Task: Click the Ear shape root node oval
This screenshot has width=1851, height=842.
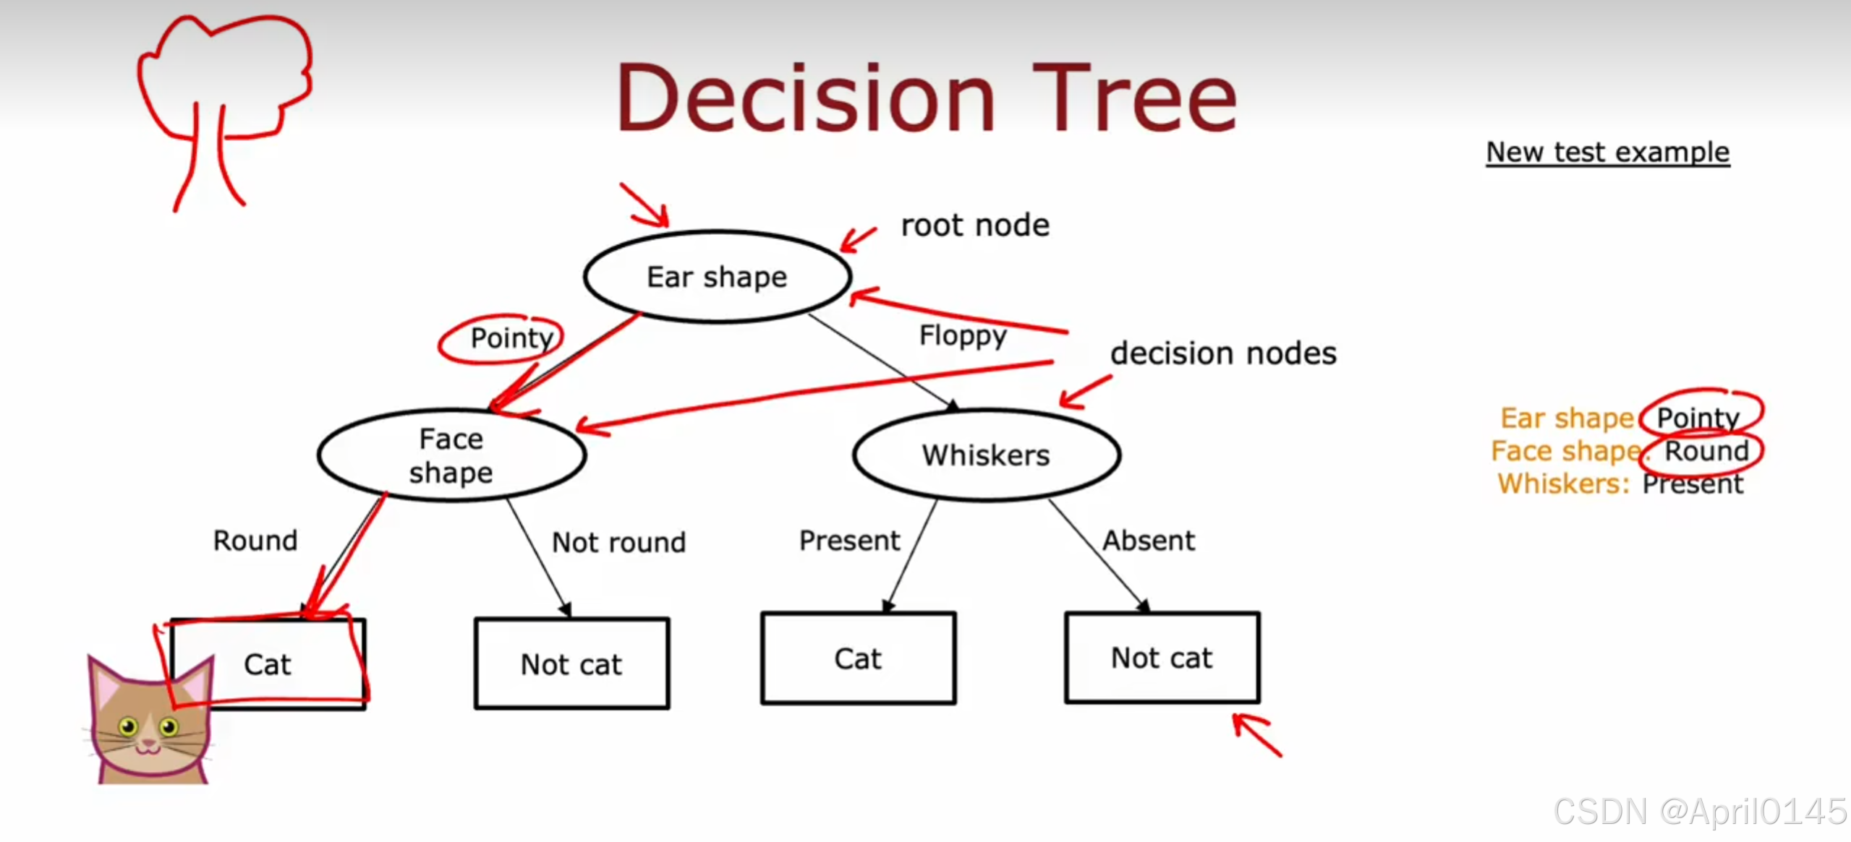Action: pos(717,277)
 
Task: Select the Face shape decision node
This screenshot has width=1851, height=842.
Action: pos(451,455)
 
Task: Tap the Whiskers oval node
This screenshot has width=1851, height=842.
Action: pos(986,455)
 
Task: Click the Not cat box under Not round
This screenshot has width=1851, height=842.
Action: pos(571,664)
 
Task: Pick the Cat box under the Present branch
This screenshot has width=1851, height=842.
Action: pos(858,658)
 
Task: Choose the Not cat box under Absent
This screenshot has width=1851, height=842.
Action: pos(1162,658)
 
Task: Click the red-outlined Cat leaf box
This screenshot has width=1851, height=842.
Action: pos(268,664)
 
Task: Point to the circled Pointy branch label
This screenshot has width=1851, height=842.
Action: pos(511,338)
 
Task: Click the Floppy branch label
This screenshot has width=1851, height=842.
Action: pos(962,335)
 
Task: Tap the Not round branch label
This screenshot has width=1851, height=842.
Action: pos(618,542)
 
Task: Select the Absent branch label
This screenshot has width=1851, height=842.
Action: pos(1149,541)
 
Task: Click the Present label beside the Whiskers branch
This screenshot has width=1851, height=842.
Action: pos(849,541)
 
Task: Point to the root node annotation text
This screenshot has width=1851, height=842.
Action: pos(975,225)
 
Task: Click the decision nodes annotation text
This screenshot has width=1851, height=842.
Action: pos(1223,353)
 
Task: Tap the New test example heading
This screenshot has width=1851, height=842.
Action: pos(1607,152)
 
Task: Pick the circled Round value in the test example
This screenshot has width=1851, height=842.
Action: pos(1706,451)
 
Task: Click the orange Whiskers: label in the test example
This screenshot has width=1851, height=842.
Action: pos(1563,484)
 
